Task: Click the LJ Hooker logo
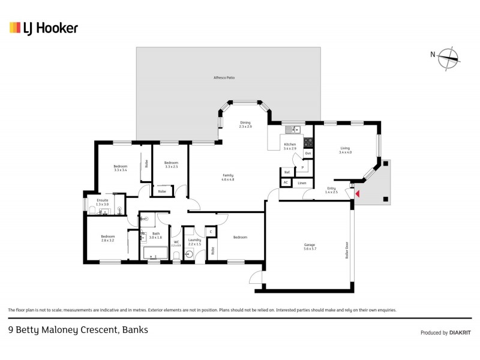coord(43,28)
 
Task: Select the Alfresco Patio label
coord(223,78)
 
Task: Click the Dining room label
coord(245,124)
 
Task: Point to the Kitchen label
coord(290,145)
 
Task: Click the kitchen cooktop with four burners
coord(308,142)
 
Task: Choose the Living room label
coord(344,150)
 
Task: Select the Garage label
coord(310,246)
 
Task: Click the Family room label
coord(227,178)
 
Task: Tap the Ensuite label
coord(103,202)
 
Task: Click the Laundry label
coord(194,241)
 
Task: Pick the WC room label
coord(176,242)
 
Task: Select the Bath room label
coord(156,235)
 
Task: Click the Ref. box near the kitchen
coord(287,172)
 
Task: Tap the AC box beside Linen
coord(286,182)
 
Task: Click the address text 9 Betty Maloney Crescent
coord(77,329)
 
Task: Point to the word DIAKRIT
coord(460,332)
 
